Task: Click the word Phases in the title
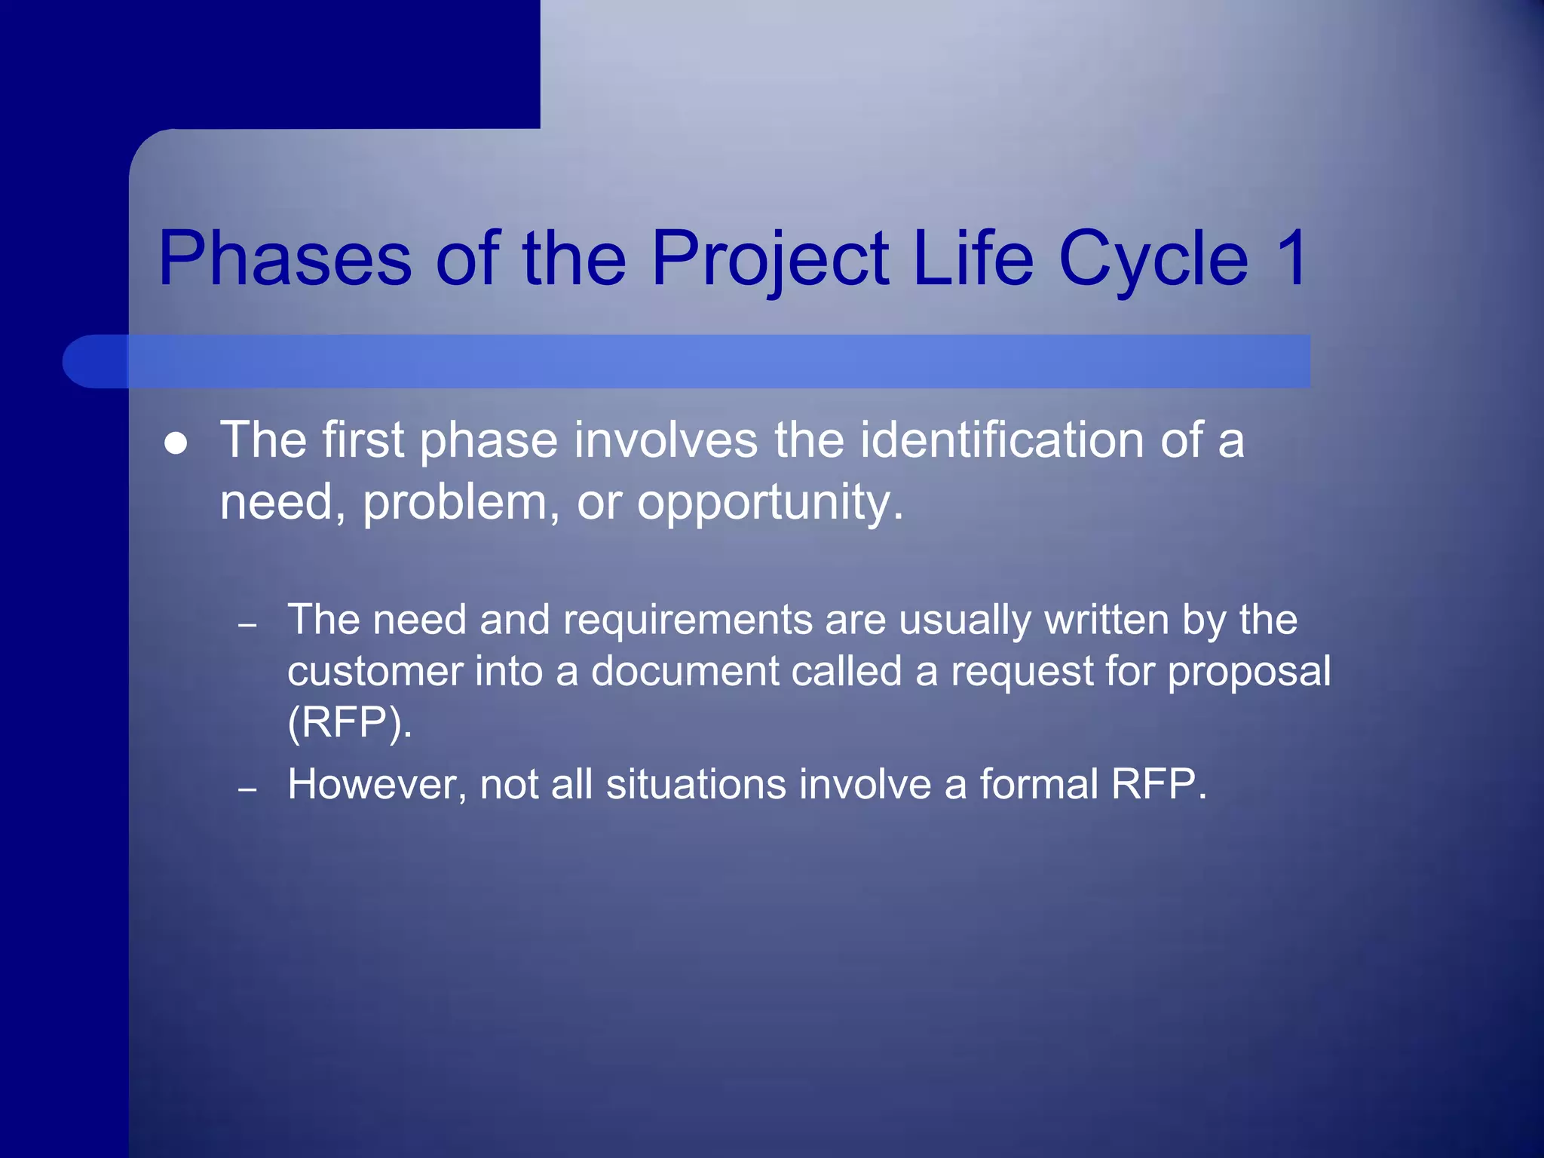tap(285, 259)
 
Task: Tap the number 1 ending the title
tap(1291, 259)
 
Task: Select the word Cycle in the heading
tap(1153, 259)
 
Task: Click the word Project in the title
tap(770, 259)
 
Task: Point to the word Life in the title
tap(973, 259)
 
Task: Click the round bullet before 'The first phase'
tap(176, 444)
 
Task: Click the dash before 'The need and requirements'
tap(247, 625)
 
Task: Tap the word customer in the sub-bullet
tap(375, 672)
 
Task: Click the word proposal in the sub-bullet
tap(1249, 672)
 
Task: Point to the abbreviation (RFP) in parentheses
tap(349, 723)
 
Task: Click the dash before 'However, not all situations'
tap(247, 789)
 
